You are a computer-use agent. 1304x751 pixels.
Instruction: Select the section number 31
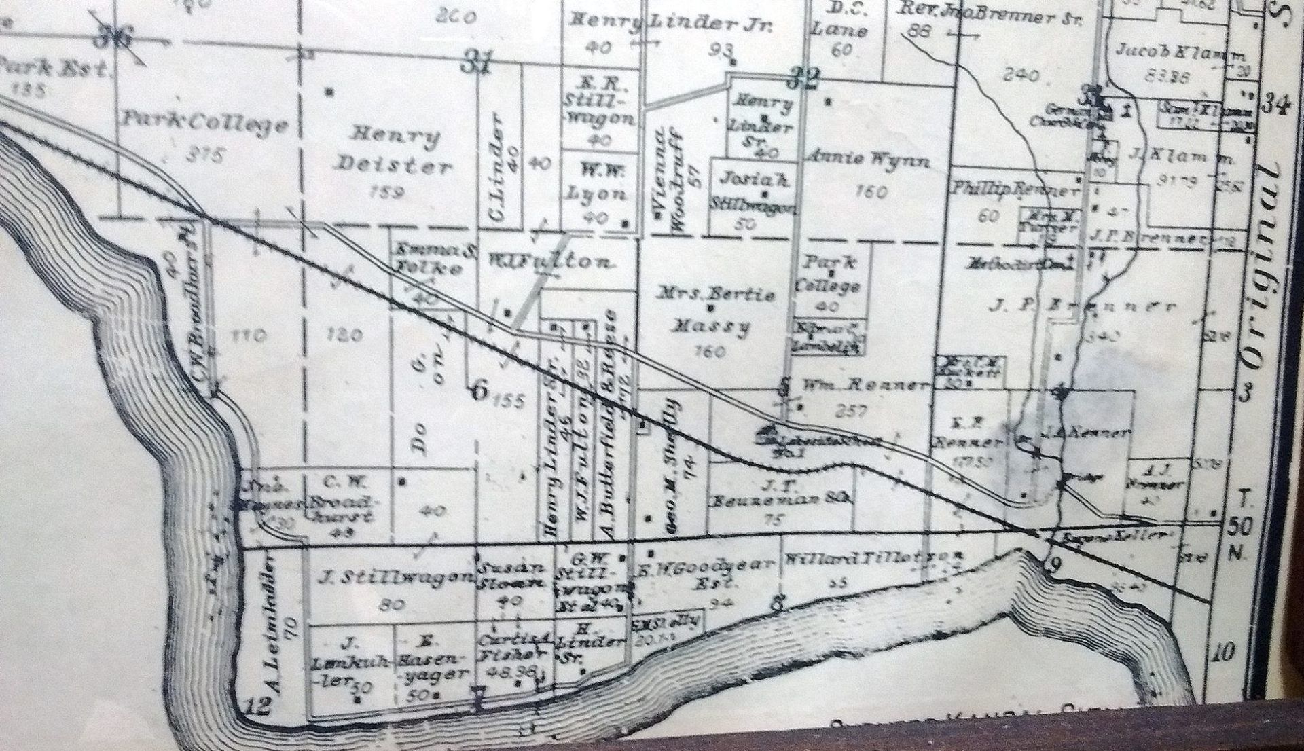pyautogui.click(x=477, y=65)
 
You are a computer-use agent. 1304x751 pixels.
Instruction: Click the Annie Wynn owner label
pyautogui.click(x=867, y=160)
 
